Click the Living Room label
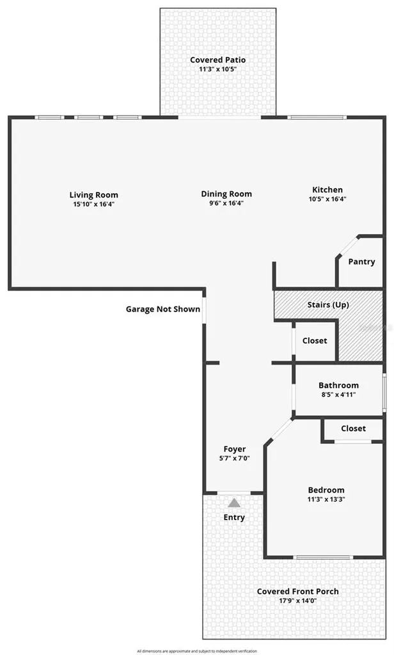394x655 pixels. click(x=93, y=194)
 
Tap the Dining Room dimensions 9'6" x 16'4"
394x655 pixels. click(x=226, y=203)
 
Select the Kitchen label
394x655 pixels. click(x=327, y=189)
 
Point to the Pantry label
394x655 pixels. click(x=361, y=262)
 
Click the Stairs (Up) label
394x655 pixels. click(x=328, y=304)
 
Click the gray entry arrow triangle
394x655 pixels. click(x=234, y=503)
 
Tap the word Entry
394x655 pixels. click(x=234, y=517)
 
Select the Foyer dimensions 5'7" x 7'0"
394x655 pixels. click(x=234, y=458)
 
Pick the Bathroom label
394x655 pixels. click(x=338, y=385)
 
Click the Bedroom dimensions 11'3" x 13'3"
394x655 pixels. click(x=326, y=499)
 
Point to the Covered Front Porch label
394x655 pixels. click(x=297, y=592)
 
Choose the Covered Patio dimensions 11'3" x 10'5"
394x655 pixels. click(x=217, y=69)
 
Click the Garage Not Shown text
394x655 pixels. click(x=163, y=309)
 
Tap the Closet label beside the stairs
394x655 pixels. click(x=315, y=340)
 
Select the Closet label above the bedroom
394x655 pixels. click(x=353, y=428)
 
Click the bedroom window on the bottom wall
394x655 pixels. click(x=323, y=557)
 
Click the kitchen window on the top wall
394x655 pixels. click(x=317, y=118)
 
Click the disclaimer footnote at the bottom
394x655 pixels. click(x=197, y=651)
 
